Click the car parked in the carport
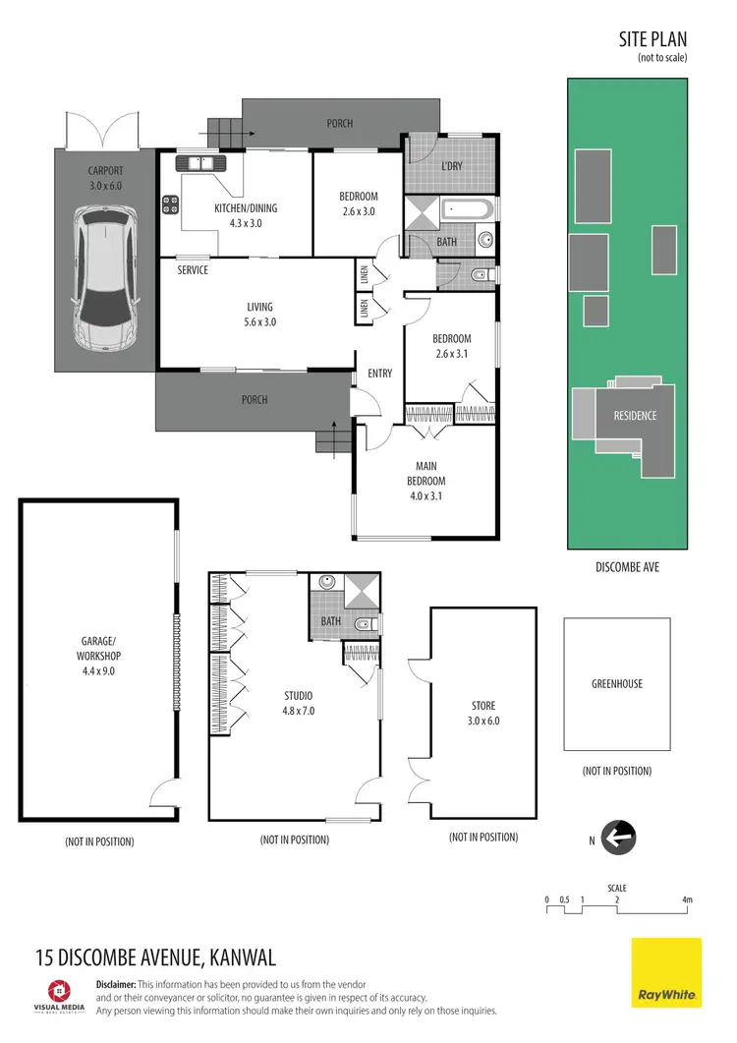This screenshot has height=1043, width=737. coord(103,286)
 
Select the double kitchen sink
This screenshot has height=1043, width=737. coord(200,163)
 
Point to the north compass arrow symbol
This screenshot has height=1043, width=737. coord(620,839)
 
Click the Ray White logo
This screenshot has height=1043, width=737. coord(666,973)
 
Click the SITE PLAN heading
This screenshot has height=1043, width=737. coord(652,39)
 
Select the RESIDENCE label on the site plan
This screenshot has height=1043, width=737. coord(635,416)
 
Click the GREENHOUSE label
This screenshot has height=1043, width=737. coord(617,684)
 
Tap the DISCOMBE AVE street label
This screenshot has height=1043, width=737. coord(626,567)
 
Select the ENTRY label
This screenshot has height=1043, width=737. coord(379,374)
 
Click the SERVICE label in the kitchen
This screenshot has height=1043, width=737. coord(193,270)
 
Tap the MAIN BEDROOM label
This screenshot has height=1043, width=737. coord(426,474)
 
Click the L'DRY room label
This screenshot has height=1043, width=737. coord(451,166)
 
